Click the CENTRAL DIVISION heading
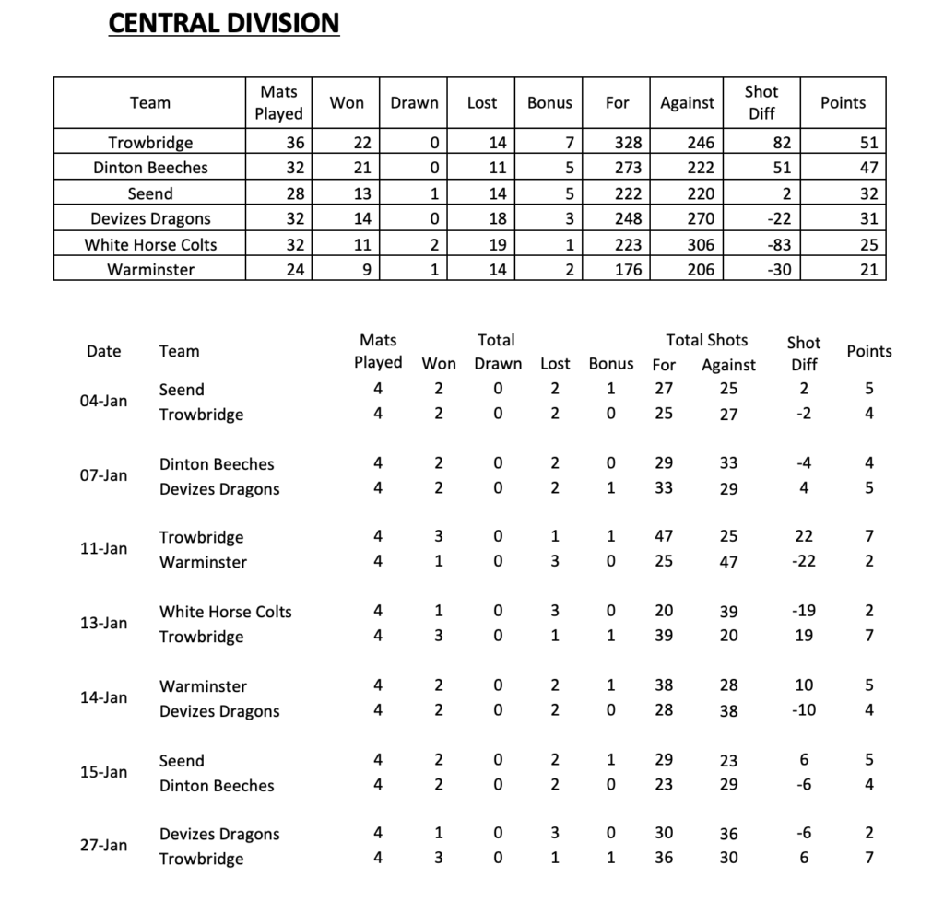pos(224,22)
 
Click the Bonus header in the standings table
pos(549,103)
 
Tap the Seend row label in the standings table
pos(150,193)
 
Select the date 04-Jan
pos(103,402)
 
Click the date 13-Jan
pos(103,623)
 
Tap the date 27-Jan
pos(103,846)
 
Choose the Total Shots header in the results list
pos(707,340)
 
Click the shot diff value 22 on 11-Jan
pos(804,536)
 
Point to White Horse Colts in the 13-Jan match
pos(225,612)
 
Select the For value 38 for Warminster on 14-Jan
pos(664,685)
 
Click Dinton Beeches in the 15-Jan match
pos(217,786)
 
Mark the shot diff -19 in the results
pos(804,611)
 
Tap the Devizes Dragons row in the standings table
pos(150,218)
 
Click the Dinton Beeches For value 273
pos(627,168)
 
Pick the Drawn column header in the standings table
pos(414,103)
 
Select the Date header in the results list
pos(103,351)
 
